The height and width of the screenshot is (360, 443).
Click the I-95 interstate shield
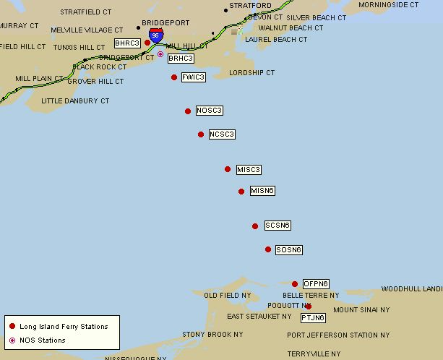(155, 35)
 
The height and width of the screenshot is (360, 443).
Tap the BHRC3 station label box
(127, 43)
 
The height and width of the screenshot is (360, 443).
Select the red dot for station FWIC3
(174, 77)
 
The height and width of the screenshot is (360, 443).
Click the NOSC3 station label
(209, 111)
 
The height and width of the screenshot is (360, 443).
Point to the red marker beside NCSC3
(201, 134)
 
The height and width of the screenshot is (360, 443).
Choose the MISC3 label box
(249, 170)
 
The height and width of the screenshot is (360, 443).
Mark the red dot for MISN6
(241, 192)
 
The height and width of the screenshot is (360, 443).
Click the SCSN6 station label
(278, 226)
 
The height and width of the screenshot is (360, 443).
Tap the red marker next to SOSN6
(268, 249)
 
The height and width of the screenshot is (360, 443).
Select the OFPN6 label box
(316, 283)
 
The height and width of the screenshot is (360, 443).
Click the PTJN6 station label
(313, 317)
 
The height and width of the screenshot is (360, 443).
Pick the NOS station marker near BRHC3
(160, 53)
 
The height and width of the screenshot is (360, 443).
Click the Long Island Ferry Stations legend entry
(64, 327)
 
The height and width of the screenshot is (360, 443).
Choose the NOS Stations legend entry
(42, 340)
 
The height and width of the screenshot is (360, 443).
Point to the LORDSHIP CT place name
(252, 73)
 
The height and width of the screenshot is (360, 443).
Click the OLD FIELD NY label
(228, 296)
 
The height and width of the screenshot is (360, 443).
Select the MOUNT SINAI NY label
(361, 309)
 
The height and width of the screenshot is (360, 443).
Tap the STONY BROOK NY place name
(212, 335)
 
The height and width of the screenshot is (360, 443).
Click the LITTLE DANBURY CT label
(75, 100)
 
